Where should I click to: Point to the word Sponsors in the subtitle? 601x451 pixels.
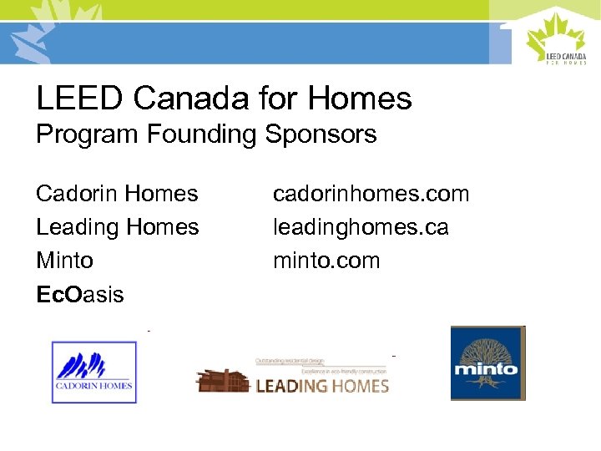321,134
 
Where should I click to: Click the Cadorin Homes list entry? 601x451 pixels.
117,194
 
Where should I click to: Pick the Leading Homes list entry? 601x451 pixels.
117,227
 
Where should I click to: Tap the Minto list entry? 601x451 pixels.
64,261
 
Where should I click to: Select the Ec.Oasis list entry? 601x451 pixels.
79,294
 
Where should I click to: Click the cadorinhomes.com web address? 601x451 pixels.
371,194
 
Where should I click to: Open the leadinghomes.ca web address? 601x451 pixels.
361,227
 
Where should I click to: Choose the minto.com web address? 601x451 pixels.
326,261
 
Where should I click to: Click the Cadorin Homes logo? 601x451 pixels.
93,372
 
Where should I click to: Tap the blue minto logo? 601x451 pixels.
487,363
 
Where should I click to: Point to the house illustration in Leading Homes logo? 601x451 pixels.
223,379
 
